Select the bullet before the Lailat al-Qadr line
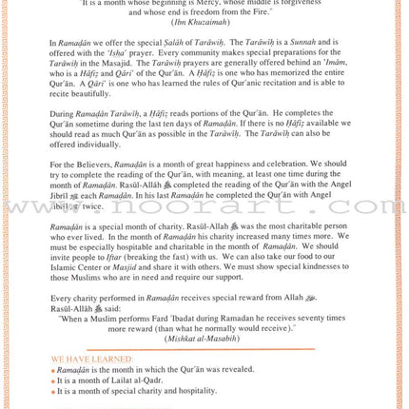click(53, 380)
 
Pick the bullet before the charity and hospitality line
click(53, 391)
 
